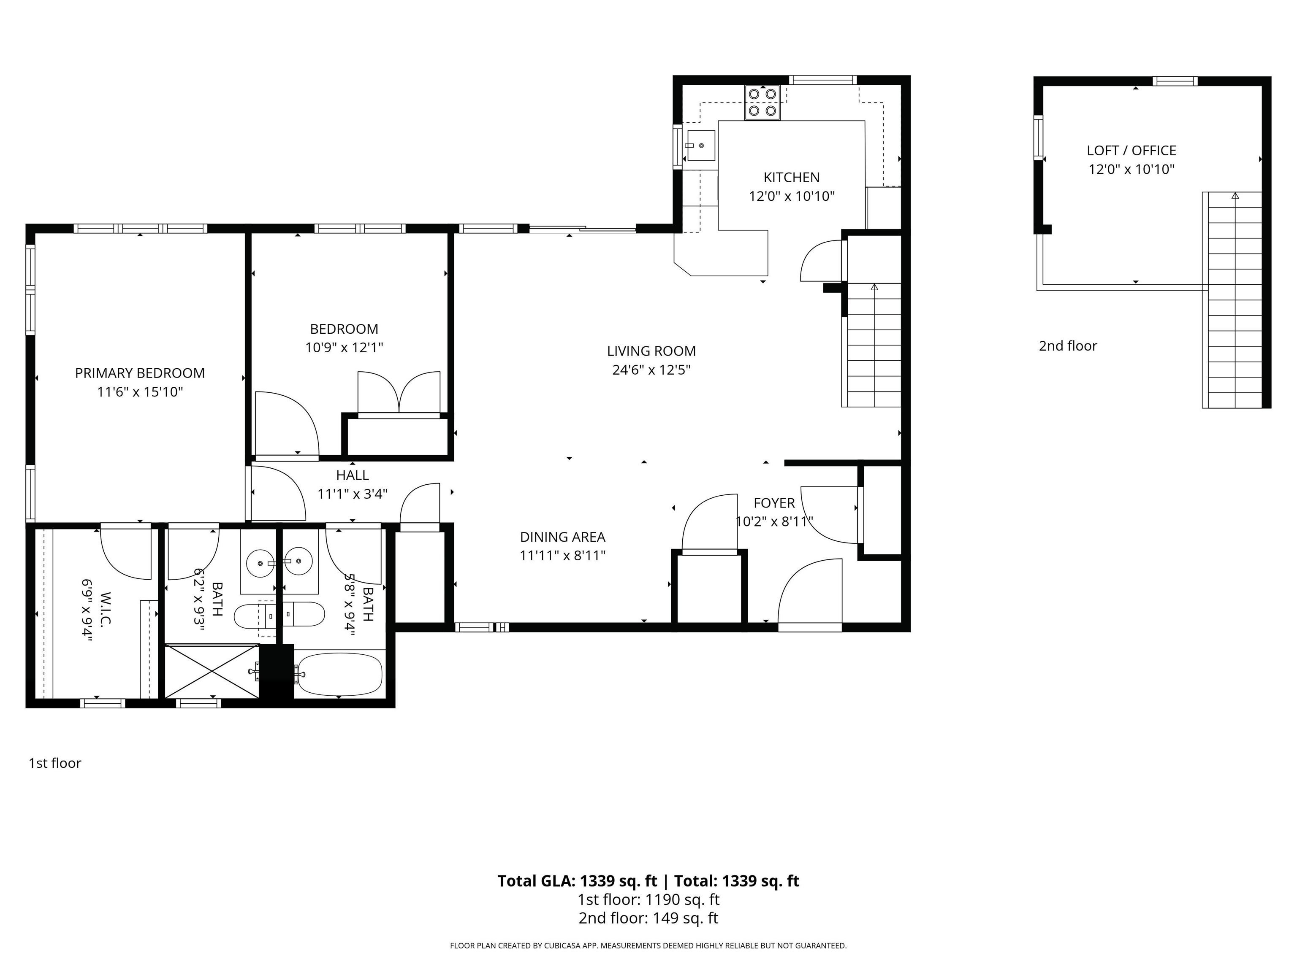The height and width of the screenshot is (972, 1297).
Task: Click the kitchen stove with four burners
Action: point(762,102)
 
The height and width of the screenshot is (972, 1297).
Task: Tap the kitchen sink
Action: point(701,145)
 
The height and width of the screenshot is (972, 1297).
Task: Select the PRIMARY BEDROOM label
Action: point(140,373)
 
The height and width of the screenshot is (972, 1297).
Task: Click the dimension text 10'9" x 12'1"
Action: point(344,348)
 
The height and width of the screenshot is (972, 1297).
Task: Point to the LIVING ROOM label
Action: point(651,351)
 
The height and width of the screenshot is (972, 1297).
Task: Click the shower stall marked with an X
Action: point(212,671)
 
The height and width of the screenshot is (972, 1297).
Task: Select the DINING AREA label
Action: point(562,537)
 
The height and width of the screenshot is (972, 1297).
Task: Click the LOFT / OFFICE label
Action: point(1131,151)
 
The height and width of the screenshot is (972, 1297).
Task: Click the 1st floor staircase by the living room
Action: point(874,346)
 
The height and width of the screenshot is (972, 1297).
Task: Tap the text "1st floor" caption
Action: point(54,763)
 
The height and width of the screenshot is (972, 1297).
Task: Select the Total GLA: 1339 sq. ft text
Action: point(577,880)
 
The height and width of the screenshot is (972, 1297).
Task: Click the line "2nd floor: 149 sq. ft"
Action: point(648,918)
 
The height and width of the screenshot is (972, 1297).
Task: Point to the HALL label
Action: point(353,475)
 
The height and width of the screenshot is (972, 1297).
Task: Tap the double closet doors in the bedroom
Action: point(399,392)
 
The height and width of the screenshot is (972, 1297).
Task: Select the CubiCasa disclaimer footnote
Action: point(648,946)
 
